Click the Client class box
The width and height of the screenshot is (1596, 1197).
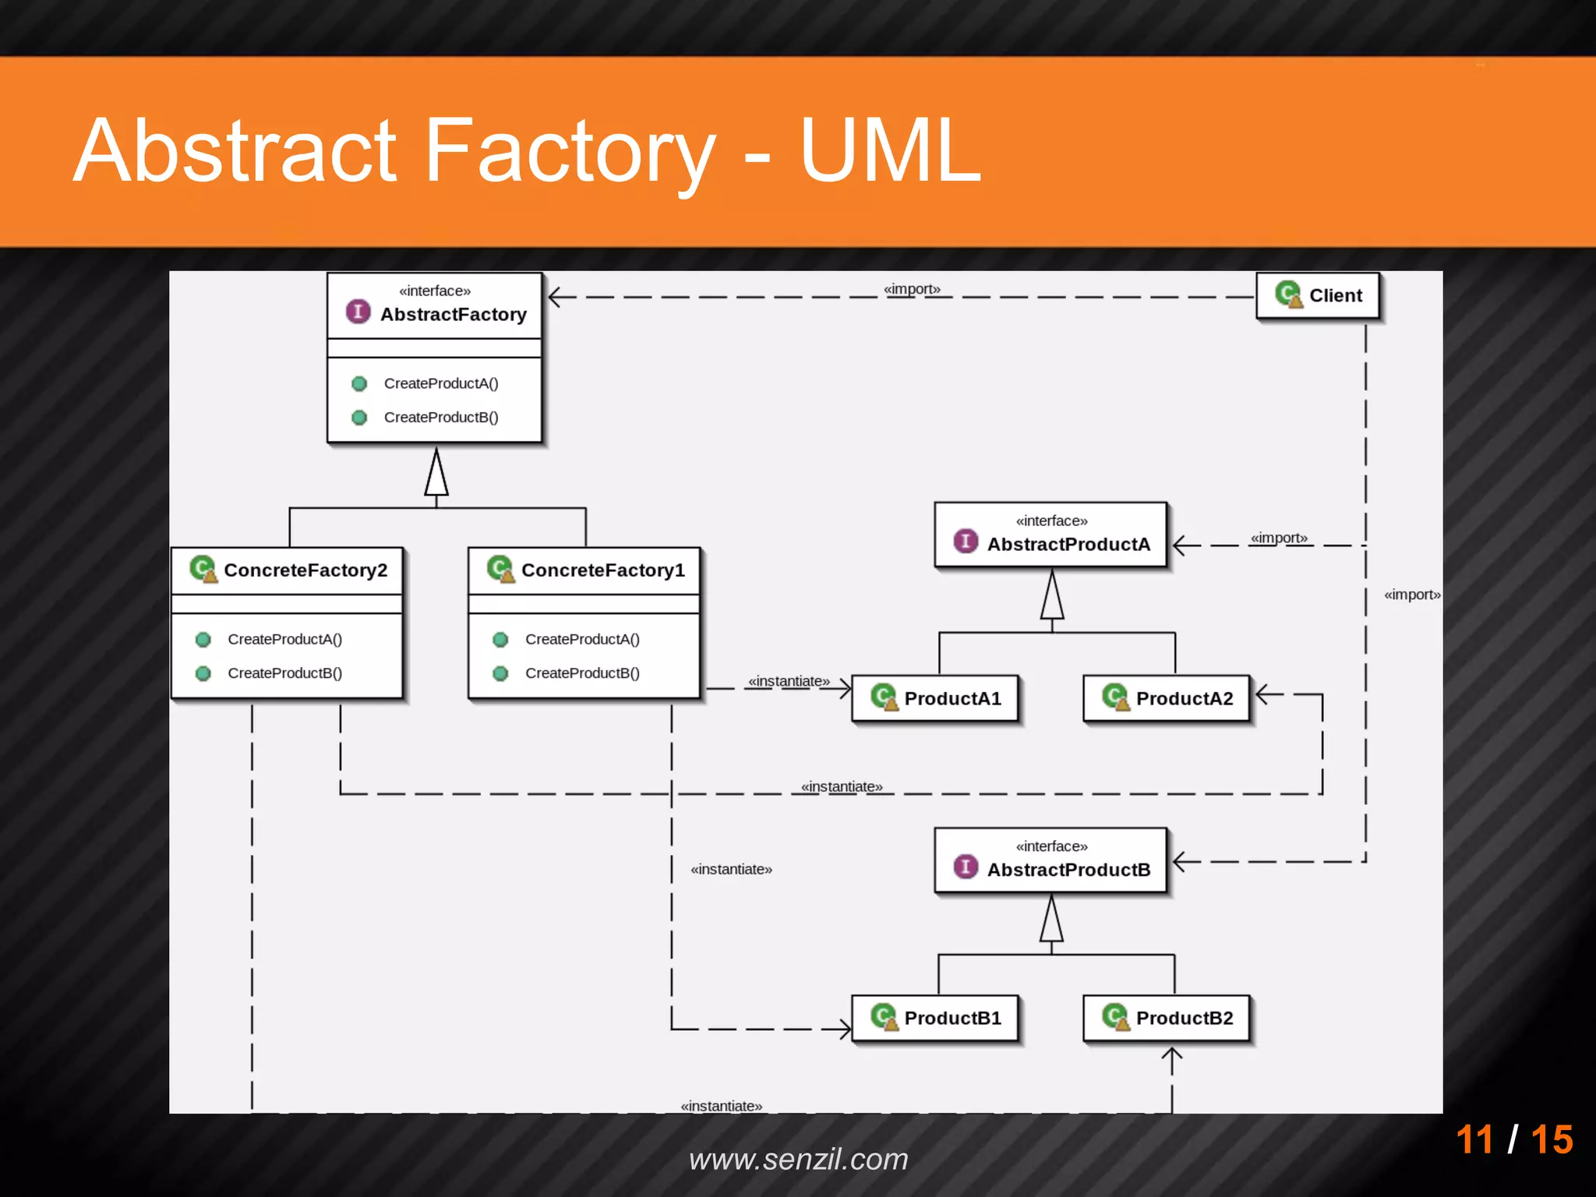1318,296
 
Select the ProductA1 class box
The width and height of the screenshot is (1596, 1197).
935,698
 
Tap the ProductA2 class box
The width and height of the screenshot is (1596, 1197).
1167,698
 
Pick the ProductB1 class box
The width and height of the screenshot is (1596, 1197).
935,1018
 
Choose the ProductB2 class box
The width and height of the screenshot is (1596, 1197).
1167,1018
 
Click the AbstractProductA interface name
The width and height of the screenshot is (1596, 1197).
1068,544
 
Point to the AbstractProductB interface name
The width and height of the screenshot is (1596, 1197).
1068,870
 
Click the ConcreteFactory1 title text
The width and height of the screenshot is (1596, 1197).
602,570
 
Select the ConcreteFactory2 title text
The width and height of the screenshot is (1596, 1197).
305,570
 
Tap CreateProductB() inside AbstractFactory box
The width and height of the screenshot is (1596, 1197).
441,418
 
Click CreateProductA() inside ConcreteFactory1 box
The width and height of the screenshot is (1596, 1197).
582,640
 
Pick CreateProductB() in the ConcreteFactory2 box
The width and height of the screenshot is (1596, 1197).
284,673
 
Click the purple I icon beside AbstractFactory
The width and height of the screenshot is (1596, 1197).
358,312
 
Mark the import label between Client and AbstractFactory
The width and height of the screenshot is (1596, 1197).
912,289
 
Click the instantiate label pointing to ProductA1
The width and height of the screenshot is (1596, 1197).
789,681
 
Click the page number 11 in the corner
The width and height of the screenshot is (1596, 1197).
1474,1139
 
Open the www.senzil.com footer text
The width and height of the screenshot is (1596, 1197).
798,1159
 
